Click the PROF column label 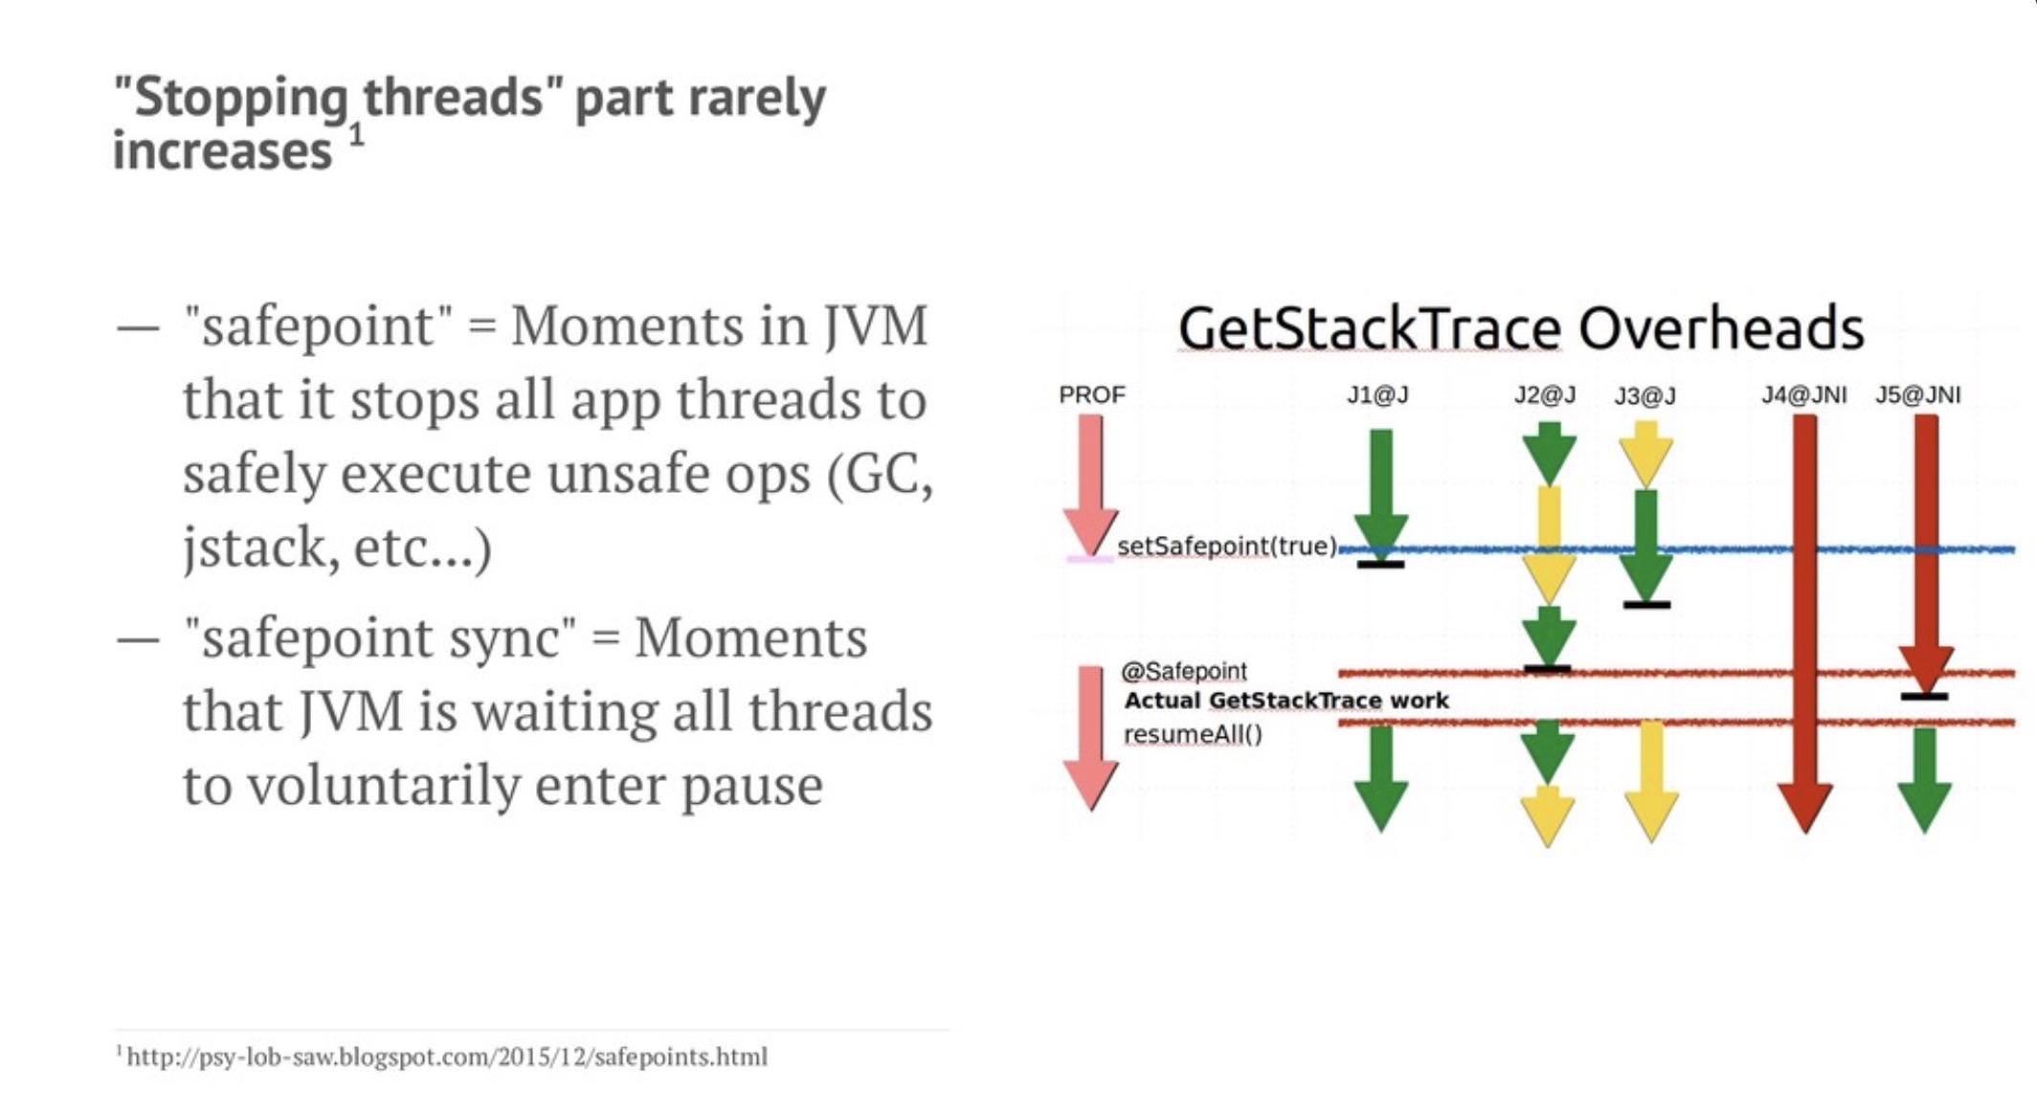coord(1091,394)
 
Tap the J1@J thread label coord(1377,394)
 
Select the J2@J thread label coord(1545,394)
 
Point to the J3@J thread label coord(1645,395)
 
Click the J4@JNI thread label coord(1804,394)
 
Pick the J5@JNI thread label coord(1917,394)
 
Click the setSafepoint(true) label coord(1227,546)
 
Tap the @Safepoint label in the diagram coord(1184,671)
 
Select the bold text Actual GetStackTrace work coord(1287,701)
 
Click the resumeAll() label coord(1193,734)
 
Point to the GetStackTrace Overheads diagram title coord(1521,328)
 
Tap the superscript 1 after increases coord(356,135)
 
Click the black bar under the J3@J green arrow coord(1646,605)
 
